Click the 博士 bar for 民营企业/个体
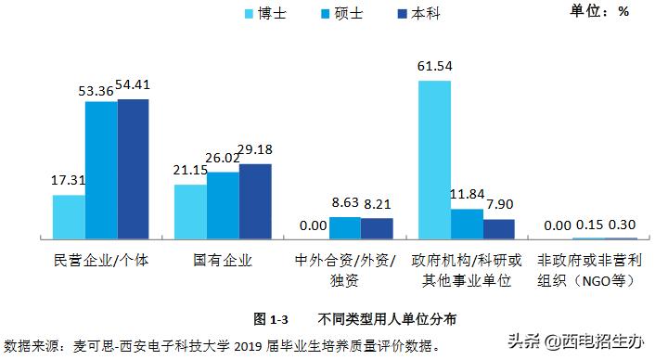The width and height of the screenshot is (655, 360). [69, 217]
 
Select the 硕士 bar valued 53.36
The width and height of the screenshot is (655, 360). [101, 170]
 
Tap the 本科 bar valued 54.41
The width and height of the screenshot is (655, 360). [133, 169]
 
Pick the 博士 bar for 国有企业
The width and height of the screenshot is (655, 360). [190, 212]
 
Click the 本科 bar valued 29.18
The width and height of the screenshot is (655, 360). [254, 201]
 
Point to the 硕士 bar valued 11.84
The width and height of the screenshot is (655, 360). [466, 224]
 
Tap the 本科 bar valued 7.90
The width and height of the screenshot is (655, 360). [498, 229]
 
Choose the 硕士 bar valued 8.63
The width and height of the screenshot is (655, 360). [345, 228]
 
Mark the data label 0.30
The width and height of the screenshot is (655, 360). [620, 225]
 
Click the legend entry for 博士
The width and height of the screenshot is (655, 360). [265, 14]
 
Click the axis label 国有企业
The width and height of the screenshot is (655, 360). [223, 261]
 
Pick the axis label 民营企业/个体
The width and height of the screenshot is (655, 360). [101, 261]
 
